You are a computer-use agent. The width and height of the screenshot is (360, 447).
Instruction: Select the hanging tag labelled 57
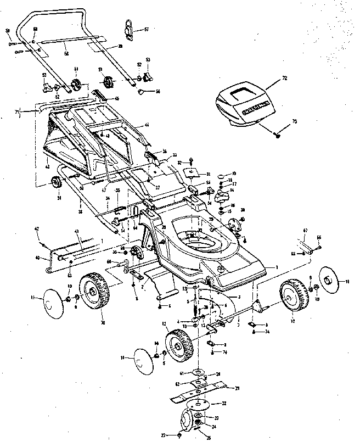click(128, 29)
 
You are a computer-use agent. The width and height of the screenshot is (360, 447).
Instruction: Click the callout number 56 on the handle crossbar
click(66, 53)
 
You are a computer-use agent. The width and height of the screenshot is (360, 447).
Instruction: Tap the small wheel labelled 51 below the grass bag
click(57, 183)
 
